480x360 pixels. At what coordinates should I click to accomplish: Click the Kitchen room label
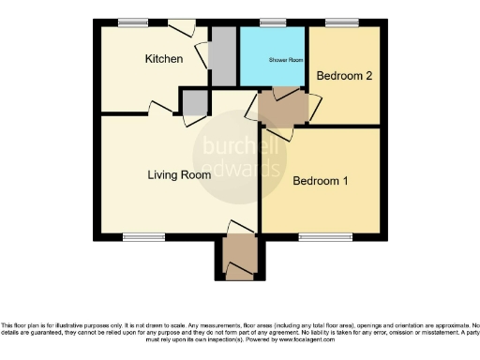pos(163,59)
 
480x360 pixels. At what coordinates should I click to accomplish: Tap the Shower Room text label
pos(286,59)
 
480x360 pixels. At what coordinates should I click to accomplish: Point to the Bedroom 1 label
pos(321,181)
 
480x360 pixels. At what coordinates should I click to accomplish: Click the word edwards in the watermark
pos(242,171)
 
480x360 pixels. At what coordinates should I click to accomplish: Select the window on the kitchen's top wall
pos(132,21)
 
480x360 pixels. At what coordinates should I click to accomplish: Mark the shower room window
pos(273,22)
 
